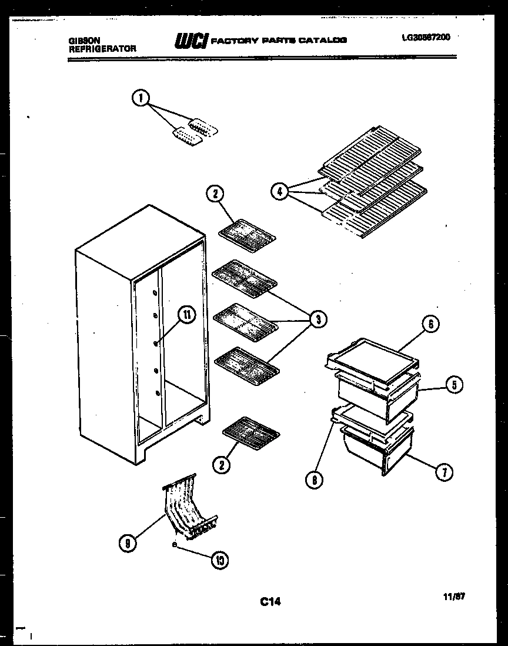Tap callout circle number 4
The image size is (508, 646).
(x=280, y=191)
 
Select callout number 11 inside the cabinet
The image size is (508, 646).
(x=186, y=315)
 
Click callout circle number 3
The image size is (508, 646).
(x=317, y=319)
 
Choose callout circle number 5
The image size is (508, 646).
(x=453, y=385)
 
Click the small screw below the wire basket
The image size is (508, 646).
(x=175, y=545)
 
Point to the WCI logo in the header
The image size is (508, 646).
(x=190, y=40)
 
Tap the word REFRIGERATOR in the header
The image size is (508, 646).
(x=102, y=49)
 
